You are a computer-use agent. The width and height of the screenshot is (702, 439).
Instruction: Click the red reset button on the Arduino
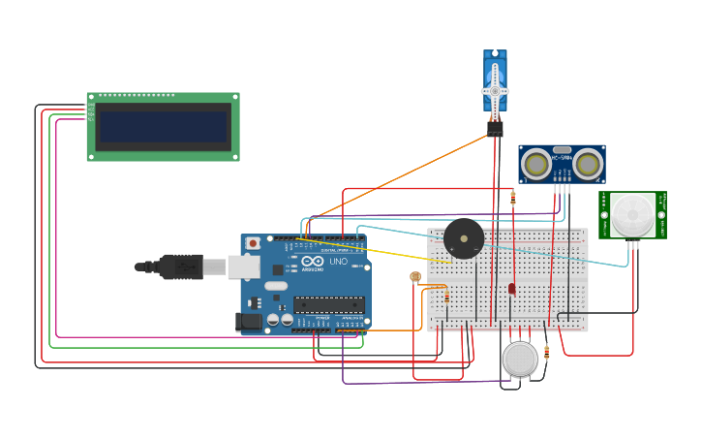coord(253,243)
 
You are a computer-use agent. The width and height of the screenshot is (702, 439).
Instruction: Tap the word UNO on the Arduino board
coord(339,262)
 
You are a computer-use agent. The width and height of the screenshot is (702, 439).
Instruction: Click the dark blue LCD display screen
coord(163,127)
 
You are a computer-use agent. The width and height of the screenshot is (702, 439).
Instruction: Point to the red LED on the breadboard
coord(512,288)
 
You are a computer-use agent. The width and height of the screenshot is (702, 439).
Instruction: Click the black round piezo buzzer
coord(464,238)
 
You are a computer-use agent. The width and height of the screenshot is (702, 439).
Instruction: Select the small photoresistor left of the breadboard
coord(415,277)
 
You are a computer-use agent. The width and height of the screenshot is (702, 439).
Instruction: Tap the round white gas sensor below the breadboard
coord(520,359)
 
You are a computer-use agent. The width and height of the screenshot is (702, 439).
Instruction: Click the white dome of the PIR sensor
coord(632,214)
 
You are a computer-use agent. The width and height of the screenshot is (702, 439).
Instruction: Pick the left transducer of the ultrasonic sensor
coord(535,165)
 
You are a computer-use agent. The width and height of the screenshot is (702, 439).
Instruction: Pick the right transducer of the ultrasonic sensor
coord(588,165)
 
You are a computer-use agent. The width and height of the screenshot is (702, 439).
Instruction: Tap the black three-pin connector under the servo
coord(495,129)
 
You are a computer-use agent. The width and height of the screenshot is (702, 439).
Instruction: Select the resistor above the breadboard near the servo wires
coord(513,198)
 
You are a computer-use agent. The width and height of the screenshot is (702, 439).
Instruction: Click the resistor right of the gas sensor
coord(547,354)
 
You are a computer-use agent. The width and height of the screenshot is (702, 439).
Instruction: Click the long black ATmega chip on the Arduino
coord(329,304)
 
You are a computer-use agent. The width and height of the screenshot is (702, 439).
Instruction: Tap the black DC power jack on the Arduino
coord(249,321)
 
